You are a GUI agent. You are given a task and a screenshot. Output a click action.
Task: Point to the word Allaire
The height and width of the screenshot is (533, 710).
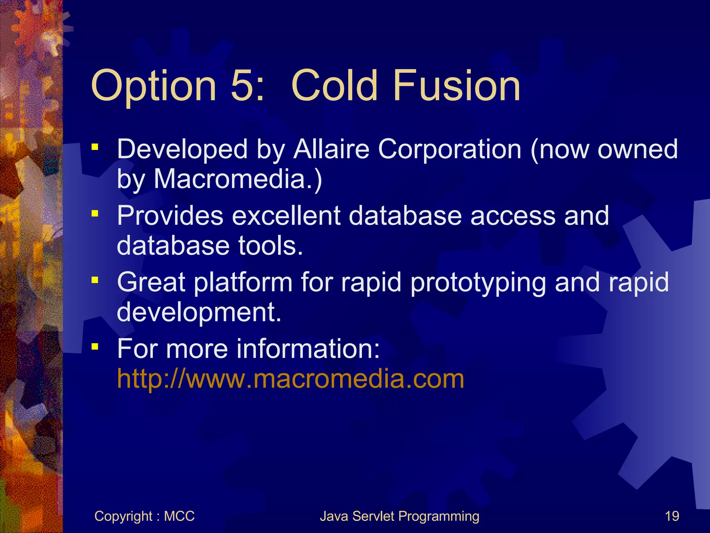coord(331,149)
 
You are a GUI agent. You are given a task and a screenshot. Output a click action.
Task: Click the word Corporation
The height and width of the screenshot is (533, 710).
coord(450,149)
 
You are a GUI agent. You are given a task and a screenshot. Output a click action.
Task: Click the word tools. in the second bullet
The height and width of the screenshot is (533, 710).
coord(270,246)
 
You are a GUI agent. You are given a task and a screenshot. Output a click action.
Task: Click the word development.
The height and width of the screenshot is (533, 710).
coord(199,312)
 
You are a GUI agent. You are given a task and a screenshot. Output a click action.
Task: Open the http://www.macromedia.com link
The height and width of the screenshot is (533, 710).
coord(291,379)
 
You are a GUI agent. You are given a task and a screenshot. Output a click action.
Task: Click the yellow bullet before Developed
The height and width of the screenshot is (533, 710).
coord(95,147)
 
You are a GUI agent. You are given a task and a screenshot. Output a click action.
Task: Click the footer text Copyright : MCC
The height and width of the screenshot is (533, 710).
coord(144,516)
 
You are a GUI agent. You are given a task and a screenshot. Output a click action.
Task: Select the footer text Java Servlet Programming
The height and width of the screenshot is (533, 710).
coord(399,516)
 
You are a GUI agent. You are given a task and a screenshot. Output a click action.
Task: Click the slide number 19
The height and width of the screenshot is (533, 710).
coord(672,516)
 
